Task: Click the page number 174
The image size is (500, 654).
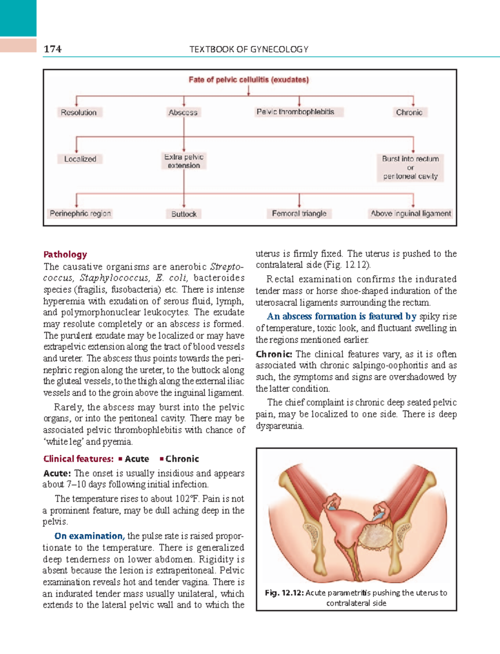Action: [x=52, y=49]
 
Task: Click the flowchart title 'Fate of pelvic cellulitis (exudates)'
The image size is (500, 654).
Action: [x=249, y=79]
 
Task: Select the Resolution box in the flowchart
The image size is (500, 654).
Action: [x=79, y=112]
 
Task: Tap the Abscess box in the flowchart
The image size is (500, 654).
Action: [x=183, y=112]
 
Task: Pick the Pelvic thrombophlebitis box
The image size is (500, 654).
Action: [x=295, y=112]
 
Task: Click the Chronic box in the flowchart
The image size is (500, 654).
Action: [x=409, y=112]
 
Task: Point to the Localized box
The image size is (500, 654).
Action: [x=80, y=159]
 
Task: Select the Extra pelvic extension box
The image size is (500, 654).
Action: [x=184, y=161]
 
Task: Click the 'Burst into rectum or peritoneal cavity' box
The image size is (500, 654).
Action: [x=410, y=167]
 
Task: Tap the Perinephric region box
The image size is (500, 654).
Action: [x=80, y=213]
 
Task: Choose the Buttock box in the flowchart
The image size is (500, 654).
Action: [x=184, y=214]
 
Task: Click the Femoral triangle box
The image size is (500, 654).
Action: [x=299, y=213]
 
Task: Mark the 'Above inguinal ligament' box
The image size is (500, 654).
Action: [x=411, y=213]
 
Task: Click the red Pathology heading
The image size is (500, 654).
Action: [x=65, y=255]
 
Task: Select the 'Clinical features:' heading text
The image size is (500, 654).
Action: [x=78, y=459]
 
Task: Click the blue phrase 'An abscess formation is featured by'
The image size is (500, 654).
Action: [x=341, y=316]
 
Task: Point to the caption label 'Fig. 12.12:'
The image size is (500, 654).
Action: [x=284, y=593]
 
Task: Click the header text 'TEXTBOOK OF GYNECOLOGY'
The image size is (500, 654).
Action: [x=249, y=50]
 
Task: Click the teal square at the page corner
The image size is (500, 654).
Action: [x=18, y=18]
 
